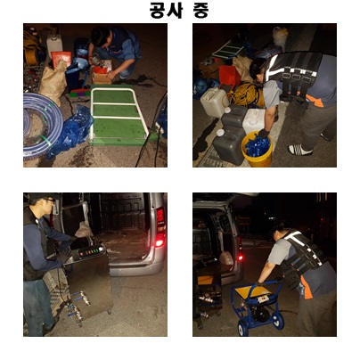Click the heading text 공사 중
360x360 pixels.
click(x=179, y=11)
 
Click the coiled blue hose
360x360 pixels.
click(x=43, y=125)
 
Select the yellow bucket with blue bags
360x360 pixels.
click(x=257, y=149)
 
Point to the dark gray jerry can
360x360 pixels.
click(x=230, y=135)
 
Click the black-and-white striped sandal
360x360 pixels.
click(x=300, y=150)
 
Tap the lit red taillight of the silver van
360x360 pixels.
click(x=160, y=227)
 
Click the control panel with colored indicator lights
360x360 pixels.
click(x=90, y=252)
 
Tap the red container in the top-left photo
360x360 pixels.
click(x=61, y=59)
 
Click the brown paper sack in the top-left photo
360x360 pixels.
click(x=54, y=79)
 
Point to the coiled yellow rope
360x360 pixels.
click(x=246, y=94)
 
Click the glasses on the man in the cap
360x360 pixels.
click(x=49, y=200)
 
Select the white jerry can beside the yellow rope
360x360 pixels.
click(x=214, y=102)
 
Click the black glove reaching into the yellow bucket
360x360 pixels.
click(x=263, y=134)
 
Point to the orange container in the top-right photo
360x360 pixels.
click(x=230, y=76)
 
